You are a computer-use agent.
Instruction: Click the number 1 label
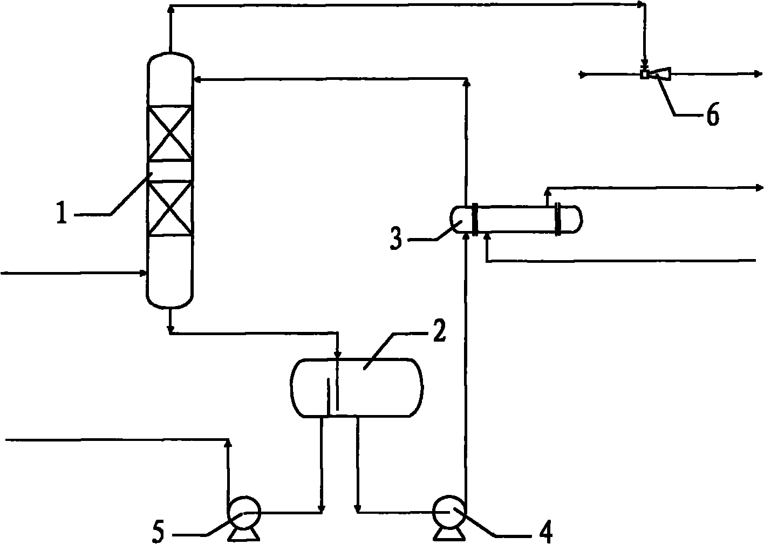tap(62, 212)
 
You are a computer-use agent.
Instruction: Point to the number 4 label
tap(546, 532)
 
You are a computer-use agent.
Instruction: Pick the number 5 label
tap(158, 532)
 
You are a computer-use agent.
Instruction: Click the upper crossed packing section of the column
tap(170, 133)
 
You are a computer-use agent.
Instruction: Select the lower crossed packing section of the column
tap(170, 208)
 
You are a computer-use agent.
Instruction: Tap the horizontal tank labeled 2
tap(357, 387)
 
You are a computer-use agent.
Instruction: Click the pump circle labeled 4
tap(448, 511)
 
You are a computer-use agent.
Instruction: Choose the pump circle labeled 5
tap(243, 512)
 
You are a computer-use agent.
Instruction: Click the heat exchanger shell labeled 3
tap(516, 219)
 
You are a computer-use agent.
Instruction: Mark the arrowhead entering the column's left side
tap(144, 273)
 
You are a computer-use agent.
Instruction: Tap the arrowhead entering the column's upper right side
tap(197, 80)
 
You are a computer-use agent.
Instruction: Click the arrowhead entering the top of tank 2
tap(338, 353)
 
